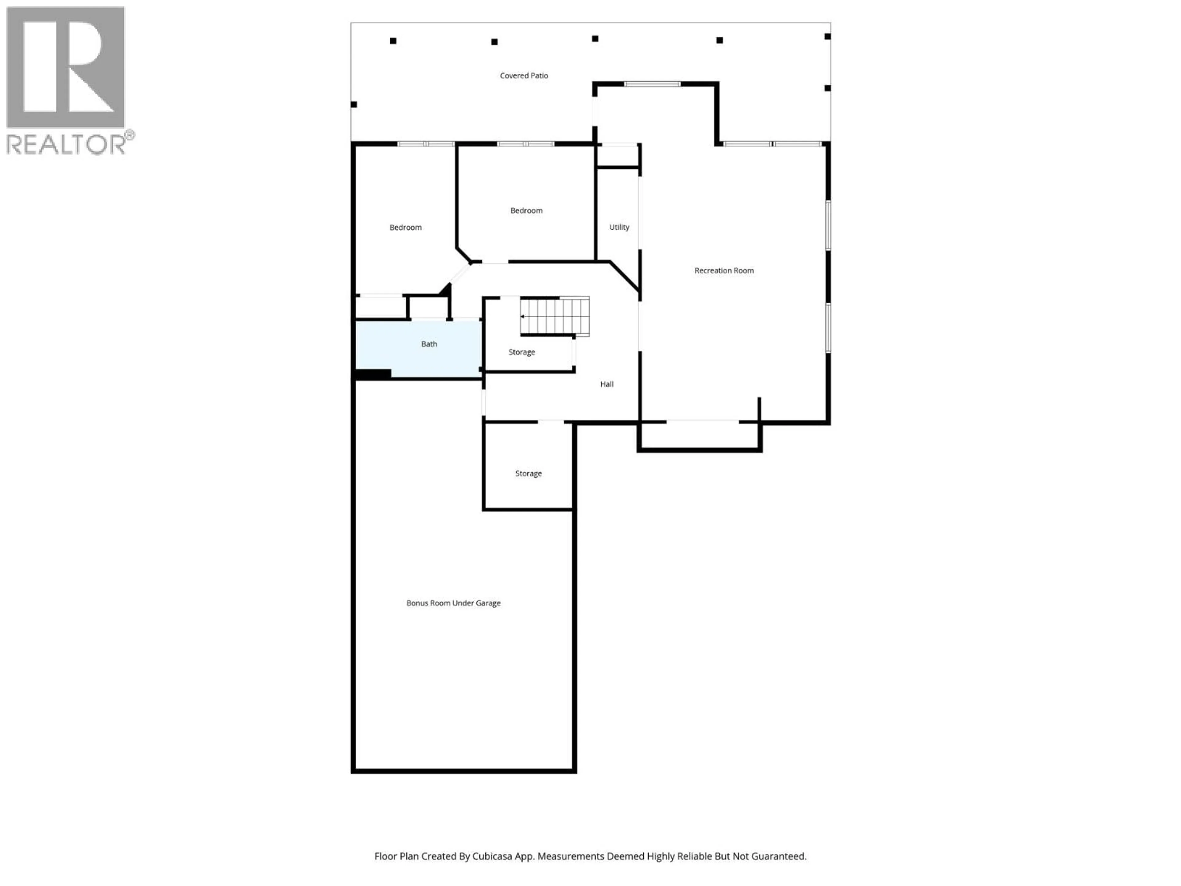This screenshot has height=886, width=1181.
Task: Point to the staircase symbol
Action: pyautogui.click(x=555, y=317)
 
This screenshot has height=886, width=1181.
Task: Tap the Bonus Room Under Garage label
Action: pyautogui.click(x=453, y=603)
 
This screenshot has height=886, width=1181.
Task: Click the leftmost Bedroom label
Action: pyautogui.click(x=405, y=228)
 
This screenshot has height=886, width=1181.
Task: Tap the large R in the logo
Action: pyautogui.click(x=65, y=67)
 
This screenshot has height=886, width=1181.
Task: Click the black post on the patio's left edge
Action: pyautogui.click(x=353, y=105)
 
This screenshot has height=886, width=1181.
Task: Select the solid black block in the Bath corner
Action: pyautogui.click(x=373, y=374)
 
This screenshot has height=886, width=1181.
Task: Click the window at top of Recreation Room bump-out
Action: pyautogui.click(x=652, y=84)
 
